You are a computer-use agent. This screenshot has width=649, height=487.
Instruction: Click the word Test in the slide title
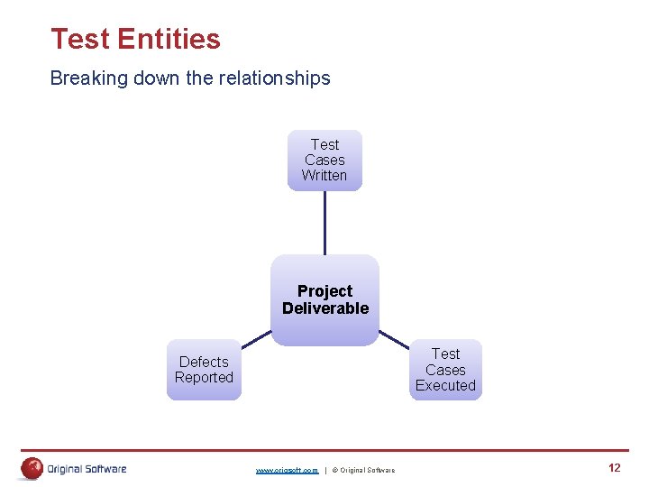pos(80,39)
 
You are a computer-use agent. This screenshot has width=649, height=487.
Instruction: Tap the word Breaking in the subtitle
pos(89,78)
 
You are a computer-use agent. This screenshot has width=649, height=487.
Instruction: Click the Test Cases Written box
pos(324,160)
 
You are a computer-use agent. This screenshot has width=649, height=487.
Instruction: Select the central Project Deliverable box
pos(324,299)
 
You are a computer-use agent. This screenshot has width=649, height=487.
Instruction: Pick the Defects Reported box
pos(204,370)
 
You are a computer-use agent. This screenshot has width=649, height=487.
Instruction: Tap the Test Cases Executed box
pos(445,370)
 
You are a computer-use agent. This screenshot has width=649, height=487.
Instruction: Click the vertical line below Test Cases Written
pos(324,222)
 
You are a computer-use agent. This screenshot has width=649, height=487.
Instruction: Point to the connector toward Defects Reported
pos(256,339)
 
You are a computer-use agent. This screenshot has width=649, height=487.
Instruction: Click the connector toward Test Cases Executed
pos(393,339)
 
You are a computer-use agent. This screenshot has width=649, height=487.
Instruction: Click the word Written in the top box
pos(324,175)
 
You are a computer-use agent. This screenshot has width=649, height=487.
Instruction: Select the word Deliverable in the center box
pos(325,308)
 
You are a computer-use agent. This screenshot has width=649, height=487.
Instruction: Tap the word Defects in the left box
pos(204,362)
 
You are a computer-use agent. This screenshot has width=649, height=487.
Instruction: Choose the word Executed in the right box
pos(445,385)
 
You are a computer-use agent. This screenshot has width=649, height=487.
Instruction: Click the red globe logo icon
pos(32,468)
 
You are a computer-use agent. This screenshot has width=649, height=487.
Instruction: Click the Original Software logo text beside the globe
pos(87,468)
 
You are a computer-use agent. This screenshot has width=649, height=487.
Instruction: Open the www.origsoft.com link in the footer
pos(287,470)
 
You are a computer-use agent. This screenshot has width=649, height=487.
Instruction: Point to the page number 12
pos(615,467)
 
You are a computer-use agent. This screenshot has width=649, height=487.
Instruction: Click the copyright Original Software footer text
pos(363,470)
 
